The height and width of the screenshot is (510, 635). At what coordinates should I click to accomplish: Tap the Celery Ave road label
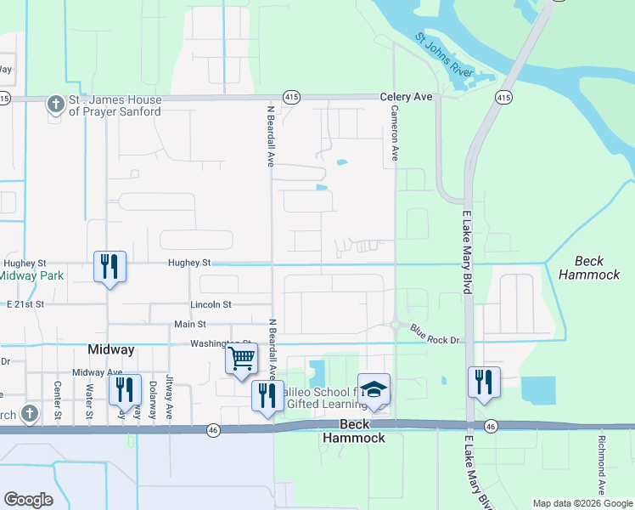[406, 98]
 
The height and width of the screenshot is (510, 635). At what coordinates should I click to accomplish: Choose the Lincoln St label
[211, 304]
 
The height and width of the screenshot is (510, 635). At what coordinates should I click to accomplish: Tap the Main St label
[190, 324]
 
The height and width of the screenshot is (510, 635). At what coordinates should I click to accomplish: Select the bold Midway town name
[111, 350]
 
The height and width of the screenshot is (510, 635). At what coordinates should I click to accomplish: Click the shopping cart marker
[242, 358]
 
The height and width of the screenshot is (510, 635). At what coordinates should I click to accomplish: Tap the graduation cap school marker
[374, 389]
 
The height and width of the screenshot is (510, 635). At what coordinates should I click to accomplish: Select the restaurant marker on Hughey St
[110, 267]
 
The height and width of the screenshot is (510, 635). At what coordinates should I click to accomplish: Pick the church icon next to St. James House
[56, 105]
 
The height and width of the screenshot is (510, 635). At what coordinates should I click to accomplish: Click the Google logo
[29, 500]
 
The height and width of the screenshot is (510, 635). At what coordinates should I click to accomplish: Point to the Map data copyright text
[582, 503]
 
